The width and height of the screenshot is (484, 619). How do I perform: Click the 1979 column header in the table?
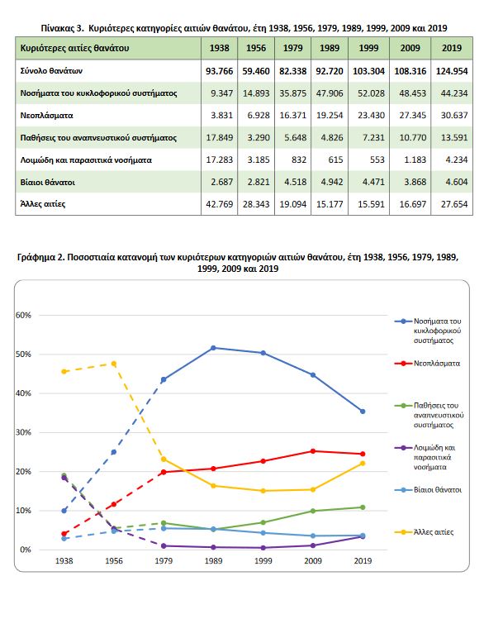point(292,48)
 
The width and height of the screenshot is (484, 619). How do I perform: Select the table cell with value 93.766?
point(220,71)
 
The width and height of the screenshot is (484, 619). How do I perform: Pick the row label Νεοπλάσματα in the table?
point(46,115)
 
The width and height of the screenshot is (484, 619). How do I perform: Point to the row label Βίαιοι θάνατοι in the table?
point(48,182)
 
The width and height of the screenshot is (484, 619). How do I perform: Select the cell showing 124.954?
point(452,71)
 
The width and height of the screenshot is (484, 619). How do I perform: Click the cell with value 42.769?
point(220,204)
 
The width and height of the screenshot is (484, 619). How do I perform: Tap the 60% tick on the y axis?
point(23,315)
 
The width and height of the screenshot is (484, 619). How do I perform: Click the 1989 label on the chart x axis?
point(213,560)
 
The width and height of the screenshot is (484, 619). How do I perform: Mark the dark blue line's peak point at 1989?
point(213,348)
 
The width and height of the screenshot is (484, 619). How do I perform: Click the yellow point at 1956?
point(114,364)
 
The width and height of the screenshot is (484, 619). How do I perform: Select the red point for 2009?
point(313,451)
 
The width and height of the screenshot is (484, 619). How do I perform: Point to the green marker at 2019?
point(363,507)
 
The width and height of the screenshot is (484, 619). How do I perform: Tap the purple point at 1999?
point(263,548)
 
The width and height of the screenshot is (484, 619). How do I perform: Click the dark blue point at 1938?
point(64,511)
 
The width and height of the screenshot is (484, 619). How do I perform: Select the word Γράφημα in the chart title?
point(36,257)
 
